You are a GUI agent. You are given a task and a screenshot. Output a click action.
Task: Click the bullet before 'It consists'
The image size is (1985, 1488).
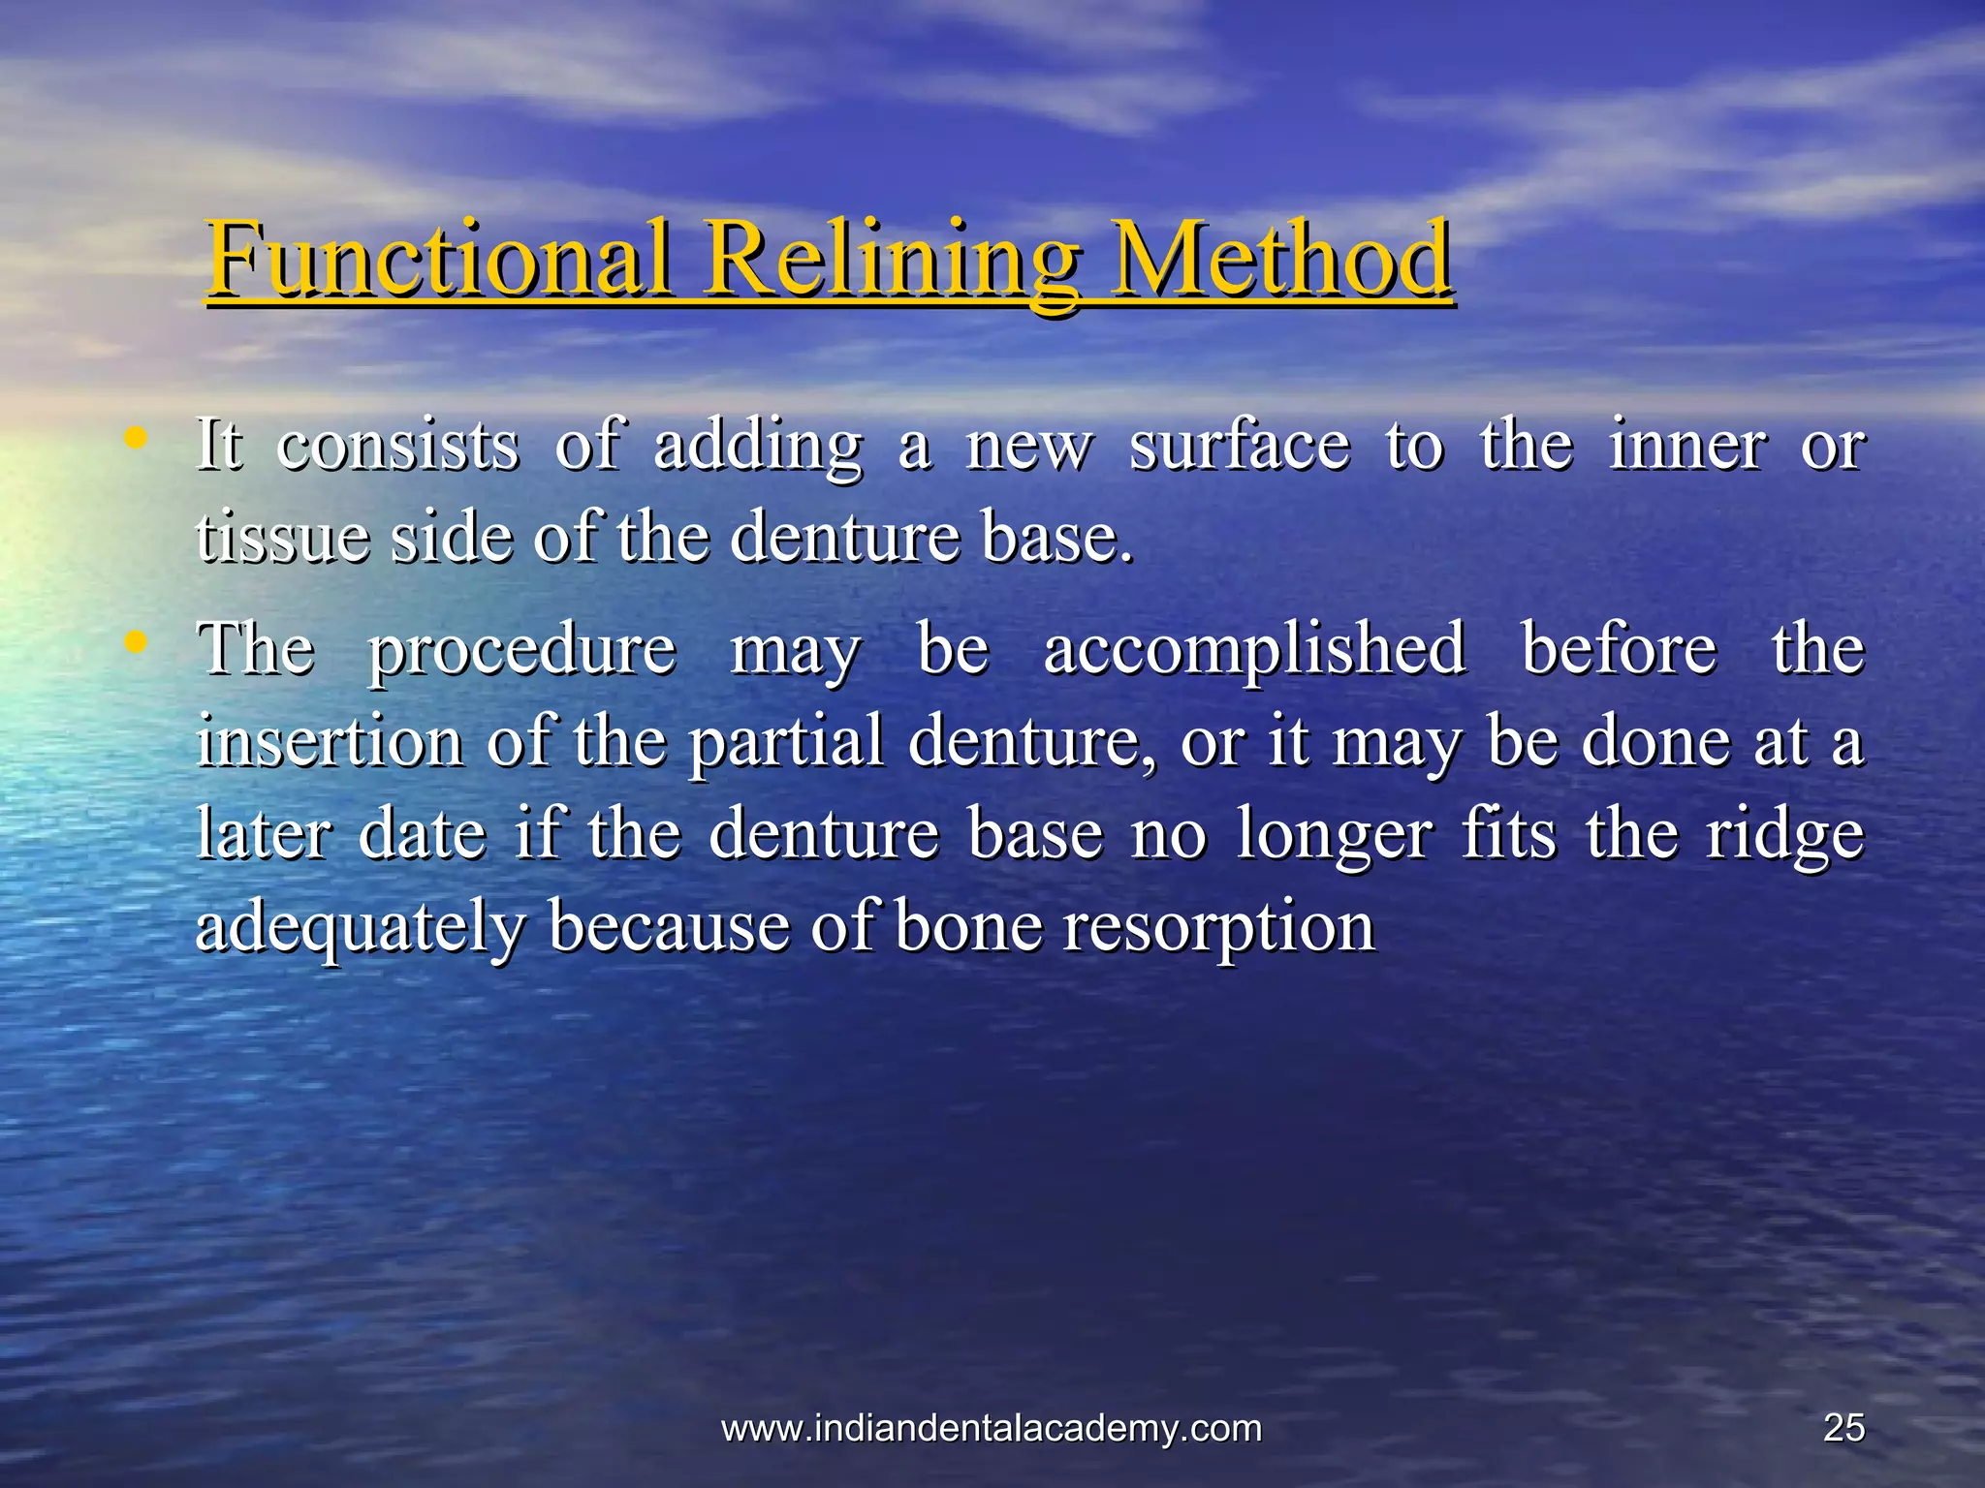(x=137, y=439)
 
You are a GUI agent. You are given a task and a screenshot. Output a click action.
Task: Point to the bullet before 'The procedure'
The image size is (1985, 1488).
(x=137, y=641)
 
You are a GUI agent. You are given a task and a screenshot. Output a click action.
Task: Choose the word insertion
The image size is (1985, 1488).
(x=330, y=741)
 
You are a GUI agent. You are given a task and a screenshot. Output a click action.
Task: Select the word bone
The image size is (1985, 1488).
(x=968, y=925)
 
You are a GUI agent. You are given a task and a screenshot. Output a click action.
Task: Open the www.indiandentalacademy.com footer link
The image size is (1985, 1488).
(x=992, y=1428)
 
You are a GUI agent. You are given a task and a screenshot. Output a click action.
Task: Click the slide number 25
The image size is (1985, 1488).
(x=1843, y=1428)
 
